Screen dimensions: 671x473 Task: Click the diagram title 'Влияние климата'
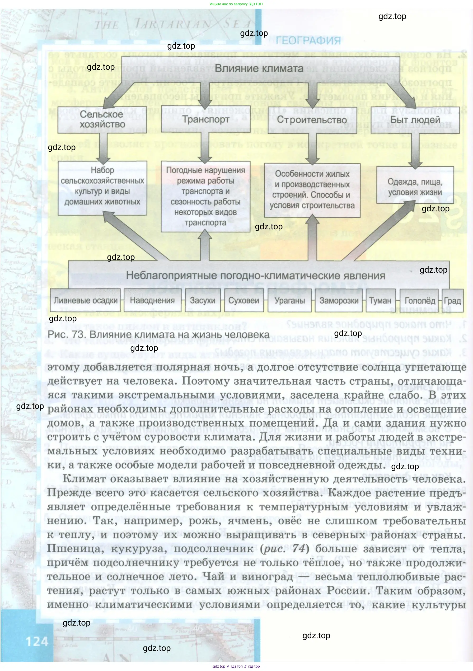coord(259,69)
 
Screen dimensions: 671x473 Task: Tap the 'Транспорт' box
coord(206,119)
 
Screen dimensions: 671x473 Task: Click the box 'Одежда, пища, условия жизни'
coord(415,187)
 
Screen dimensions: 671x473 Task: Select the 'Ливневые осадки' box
coord(85,300)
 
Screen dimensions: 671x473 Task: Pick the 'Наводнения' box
coord(152,300)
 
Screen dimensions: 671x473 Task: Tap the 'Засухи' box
coord(203,300)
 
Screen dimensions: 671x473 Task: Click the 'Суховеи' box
coord(244,300)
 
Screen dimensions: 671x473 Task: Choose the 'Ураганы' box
coord(289,300)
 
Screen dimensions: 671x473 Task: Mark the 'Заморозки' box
coord(339,300)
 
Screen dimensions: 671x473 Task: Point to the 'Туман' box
coord(380,300)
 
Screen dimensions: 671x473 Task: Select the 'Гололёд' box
coord(420,300)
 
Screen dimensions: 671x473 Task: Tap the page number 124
coord(37,641)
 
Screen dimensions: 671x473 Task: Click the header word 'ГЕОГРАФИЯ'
coord(308,40)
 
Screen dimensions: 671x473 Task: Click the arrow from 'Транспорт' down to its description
coord(205,148)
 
